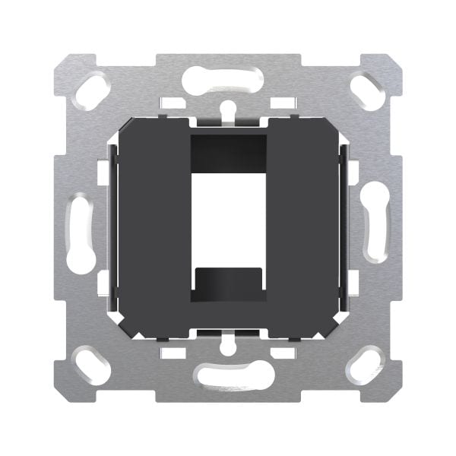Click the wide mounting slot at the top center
coord(228,78)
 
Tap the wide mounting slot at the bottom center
coord(228,375)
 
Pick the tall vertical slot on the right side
coord(375,225)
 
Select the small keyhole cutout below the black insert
coord(228,345)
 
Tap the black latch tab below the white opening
coord(228,283)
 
